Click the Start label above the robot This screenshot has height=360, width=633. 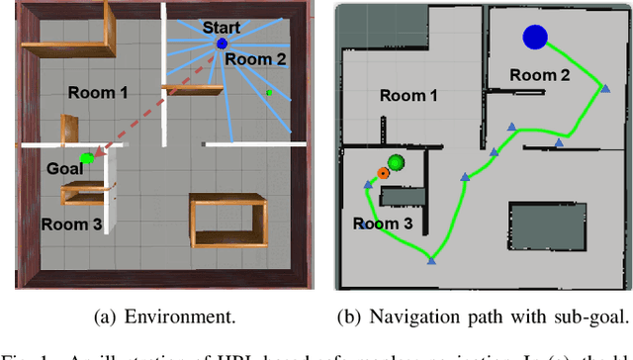221,28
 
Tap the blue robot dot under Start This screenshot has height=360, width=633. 222,44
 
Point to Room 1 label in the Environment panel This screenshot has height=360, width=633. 98,92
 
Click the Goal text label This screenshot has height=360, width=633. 64,169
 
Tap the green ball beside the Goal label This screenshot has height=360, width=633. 87,156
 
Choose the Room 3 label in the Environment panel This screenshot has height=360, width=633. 71,224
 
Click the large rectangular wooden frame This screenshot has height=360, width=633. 227,224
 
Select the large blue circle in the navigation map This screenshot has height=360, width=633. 535,38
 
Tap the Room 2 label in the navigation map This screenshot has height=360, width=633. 540,75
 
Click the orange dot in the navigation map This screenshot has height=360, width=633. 382,171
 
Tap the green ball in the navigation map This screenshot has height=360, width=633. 397,162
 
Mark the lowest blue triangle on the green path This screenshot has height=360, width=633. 431,261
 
